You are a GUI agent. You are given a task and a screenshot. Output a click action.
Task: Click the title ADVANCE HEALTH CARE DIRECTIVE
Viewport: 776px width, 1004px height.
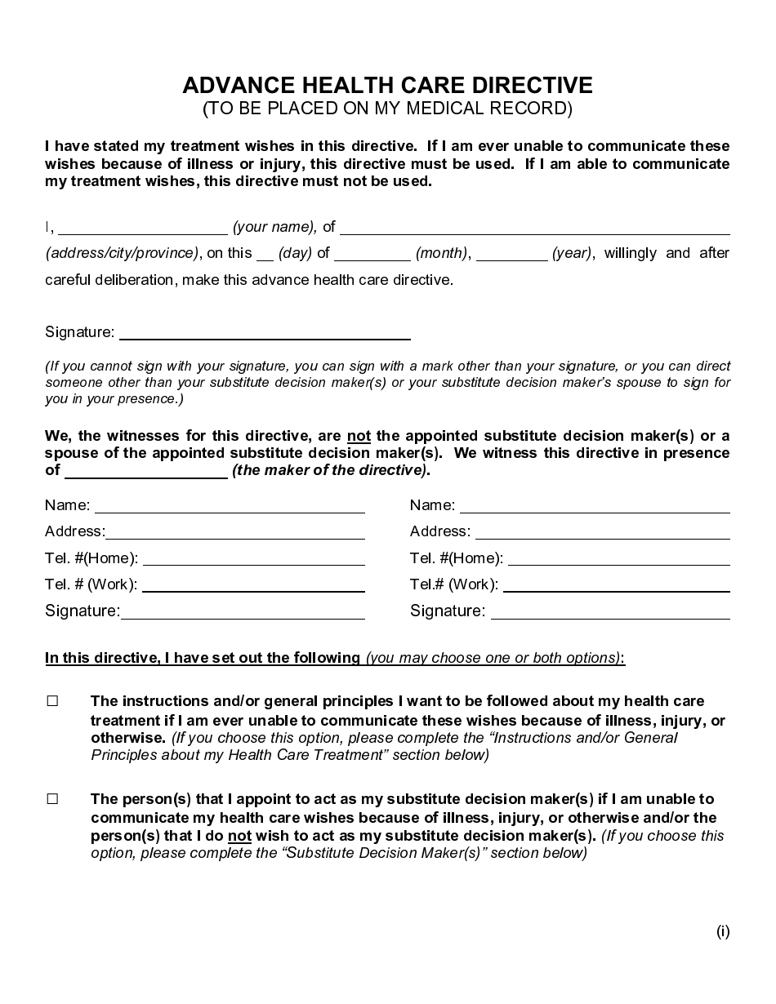pos(387,85)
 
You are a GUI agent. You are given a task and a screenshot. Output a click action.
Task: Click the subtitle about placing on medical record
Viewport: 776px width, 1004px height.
pos(387,109)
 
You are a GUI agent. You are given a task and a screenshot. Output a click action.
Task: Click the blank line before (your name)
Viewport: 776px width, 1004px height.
pos(143,228)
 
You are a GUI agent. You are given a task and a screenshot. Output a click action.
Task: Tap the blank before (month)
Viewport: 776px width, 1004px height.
pos(372,254)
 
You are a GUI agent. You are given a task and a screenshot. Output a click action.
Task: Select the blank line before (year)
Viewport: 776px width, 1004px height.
pos(511,254)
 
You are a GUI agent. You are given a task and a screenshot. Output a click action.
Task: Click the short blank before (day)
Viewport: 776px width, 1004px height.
pos(265,254)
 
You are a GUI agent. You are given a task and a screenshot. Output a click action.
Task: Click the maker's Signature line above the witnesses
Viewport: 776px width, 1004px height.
pos(265,333)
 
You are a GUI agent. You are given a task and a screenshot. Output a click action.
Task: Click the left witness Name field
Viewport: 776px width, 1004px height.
pos(230,506)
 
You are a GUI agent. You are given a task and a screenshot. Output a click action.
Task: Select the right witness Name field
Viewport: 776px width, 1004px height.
pos(595,506)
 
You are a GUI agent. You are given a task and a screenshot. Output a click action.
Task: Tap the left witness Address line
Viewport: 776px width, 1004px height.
pos(235,532)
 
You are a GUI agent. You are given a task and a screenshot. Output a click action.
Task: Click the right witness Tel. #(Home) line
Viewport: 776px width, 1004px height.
pos(618,559)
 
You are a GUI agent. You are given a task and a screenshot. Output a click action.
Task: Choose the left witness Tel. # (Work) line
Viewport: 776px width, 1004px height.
pos(253,585)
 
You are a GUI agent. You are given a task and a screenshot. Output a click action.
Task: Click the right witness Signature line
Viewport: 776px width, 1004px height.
pos(610,612)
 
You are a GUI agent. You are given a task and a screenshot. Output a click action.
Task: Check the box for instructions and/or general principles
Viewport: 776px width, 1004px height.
pos(53,701)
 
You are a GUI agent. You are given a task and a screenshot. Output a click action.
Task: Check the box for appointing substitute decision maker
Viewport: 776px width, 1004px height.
pos(53,799)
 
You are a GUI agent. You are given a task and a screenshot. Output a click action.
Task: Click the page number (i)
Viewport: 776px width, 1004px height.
pos(723,931)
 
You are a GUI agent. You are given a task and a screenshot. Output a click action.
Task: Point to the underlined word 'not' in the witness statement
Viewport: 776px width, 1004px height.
pos(359,435)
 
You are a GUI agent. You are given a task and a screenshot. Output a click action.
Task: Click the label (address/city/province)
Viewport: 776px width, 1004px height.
pos(122,253)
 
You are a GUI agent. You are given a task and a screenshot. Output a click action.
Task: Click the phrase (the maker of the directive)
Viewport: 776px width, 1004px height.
pos(330,470)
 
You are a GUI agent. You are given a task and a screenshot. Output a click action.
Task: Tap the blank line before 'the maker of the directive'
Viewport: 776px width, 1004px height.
pos(145,472)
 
